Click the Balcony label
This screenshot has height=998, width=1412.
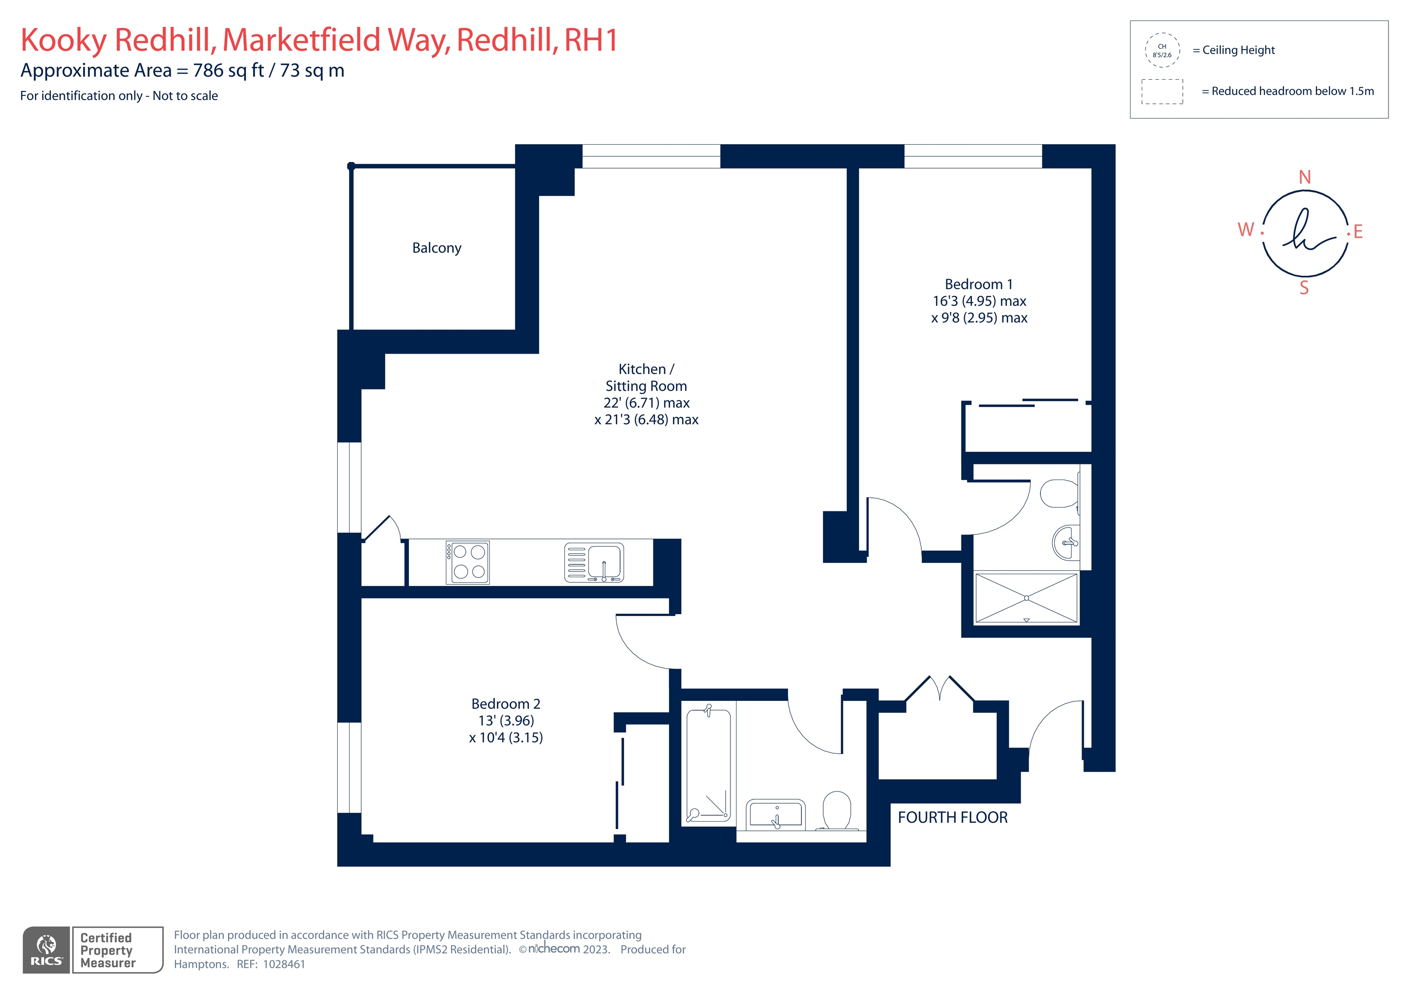point(437,248)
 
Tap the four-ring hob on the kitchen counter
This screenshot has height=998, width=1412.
point(468,562)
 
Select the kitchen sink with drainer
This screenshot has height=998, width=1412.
point(594,562)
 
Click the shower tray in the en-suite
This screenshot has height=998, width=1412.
point(1026,598)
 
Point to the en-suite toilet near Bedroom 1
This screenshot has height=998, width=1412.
point(1059,493)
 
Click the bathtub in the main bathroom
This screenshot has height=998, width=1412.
point(709,765)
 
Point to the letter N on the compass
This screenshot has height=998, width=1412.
point(1304,177)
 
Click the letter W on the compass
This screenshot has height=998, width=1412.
point(1246,230)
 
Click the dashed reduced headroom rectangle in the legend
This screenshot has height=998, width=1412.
point(1162,91)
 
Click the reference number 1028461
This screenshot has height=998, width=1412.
point(284,964)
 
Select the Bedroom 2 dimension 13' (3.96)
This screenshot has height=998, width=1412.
point(506,720)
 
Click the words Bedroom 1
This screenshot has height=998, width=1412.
point(978,284)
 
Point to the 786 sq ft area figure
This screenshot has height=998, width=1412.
point(228,71)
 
